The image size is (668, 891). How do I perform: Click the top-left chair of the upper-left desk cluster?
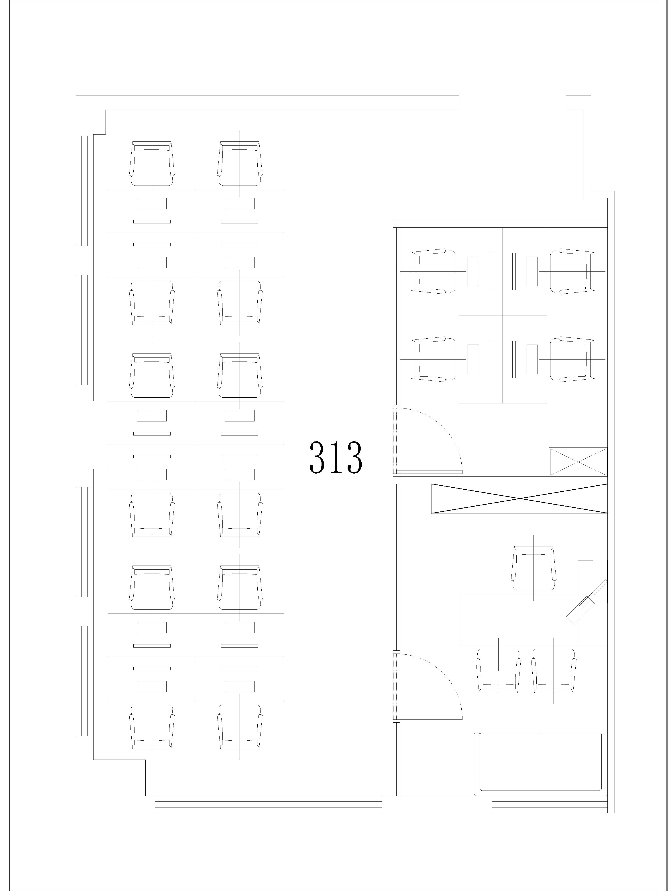(x=152, y=163)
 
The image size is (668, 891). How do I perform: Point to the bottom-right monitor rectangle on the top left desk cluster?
(x=240, y=262)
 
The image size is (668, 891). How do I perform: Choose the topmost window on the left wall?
(x=85, y=190)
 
